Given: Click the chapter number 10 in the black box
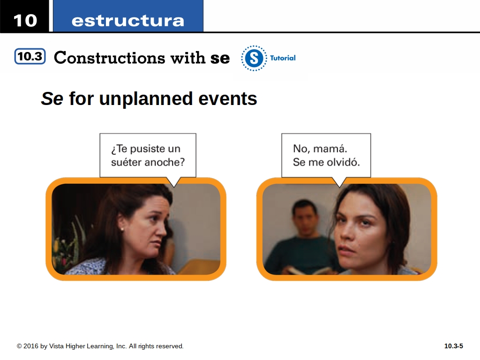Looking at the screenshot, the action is [25, 21].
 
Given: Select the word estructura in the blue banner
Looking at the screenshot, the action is [127, 21].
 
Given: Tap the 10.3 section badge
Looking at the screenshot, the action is [30, 56].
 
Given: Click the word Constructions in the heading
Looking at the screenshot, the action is [109, 58].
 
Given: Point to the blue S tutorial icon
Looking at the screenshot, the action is [254, 58].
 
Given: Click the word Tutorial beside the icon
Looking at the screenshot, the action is [283, 58].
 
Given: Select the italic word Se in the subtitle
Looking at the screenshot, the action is [52, 98].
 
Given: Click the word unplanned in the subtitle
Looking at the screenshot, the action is [146, 99].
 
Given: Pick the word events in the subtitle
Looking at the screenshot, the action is [228, 99].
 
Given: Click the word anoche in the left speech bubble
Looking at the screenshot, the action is [163, 162].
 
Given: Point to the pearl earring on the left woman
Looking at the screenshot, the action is [122, 229].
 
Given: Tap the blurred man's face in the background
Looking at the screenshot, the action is [304, 220].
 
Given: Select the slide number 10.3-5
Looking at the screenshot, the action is [454, 346].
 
